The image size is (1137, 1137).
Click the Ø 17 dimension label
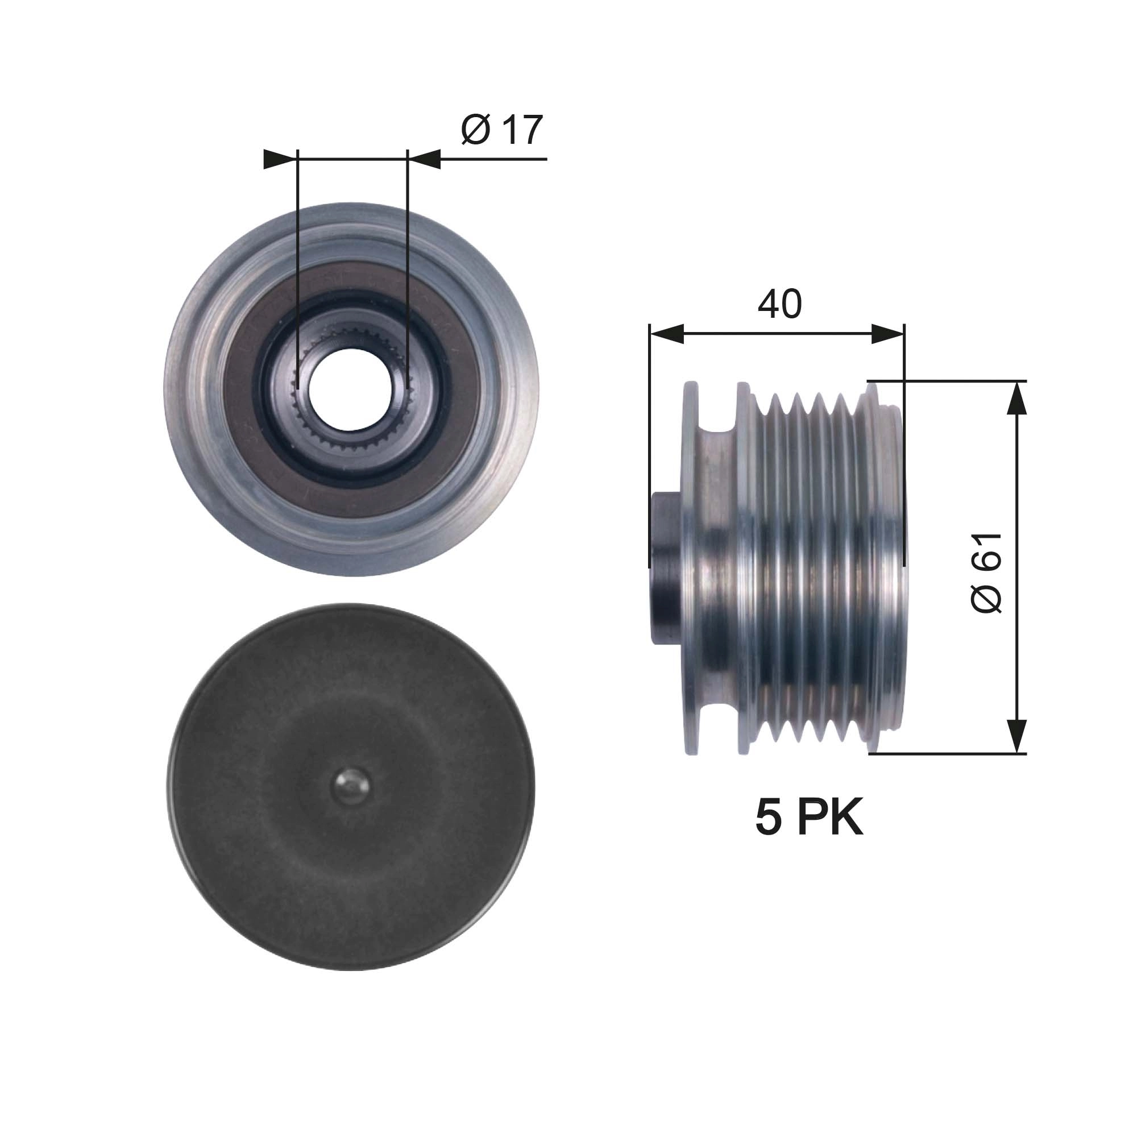click(502, 130)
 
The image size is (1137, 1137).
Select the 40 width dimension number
click(779, 304)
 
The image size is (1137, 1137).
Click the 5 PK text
click(808, 818)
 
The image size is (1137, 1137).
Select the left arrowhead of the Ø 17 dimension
click(279, 159)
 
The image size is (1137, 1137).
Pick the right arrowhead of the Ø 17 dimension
click(425, 159)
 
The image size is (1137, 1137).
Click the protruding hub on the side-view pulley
click(665, 568)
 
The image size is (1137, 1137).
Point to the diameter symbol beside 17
click(476, 130)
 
